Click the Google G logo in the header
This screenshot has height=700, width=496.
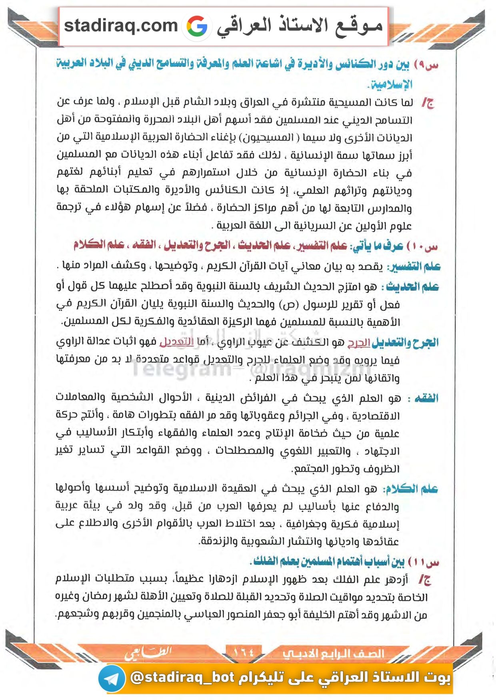(197, 26)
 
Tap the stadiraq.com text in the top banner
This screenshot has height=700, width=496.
(121, 26)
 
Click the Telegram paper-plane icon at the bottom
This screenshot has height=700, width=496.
(112, 678)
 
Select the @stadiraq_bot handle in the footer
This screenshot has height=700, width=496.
(182, 677)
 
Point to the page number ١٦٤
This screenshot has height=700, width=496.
(244, 652)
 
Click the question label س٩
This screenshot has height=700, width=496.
(426, 65)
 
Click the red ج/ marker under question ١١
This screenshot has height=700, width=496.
(425, 580)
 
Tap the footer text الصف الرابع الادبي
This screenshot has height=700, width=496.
(333, 654)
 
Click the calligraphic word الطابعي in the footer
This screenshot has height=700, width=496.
(148, 653)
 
